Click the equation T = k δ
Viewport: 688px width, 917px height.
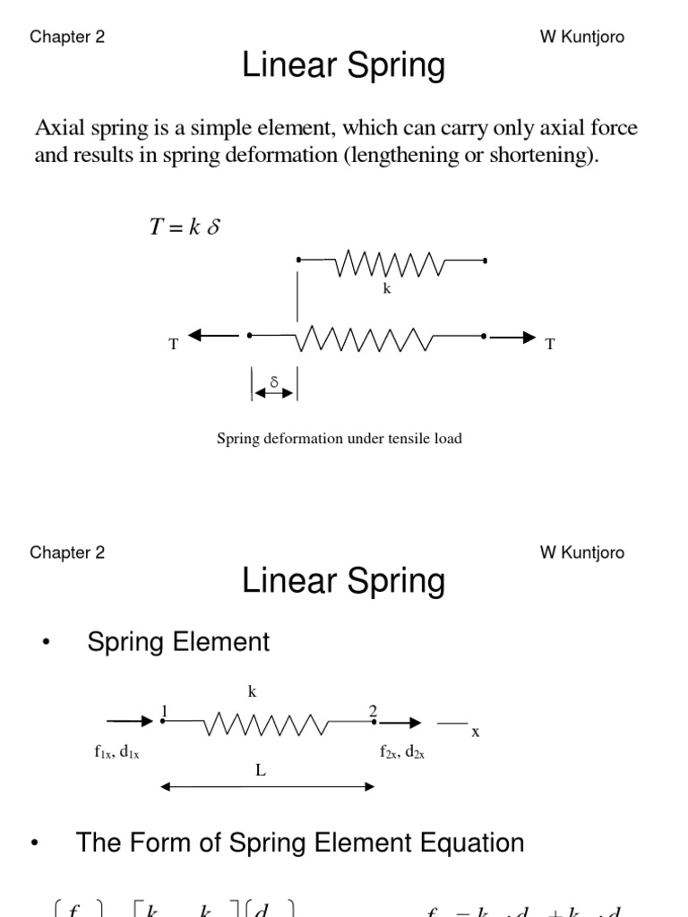185,227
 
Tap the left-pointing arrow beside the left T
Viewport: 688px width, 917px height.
213,336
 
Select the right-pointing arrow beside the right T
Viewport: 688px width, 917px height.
513,337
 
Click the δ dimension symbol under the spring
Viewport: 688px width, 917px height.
274,381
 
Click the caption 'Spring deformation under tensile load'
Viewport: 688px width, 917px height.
340,439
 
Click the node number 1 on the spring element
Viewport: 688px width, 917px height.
164,711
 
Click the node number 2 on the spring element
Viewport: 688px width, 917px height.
373,711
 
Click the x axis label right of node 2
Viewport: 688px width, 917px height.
476,732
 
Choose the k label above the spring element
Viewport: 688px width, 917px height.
252,691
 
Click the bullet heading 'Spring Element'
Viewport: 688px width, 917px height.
178,642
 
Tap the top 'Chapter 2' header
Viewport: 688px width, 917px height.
67,37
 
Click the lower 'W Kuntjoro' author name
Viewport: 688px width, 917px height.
581,553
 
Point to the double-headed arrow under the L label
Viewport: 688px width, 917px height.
267,787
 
